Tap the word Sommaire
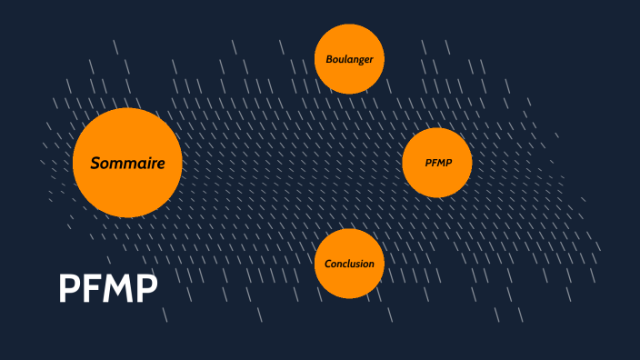tap(127, 164)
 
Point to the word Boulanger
tap(350, 59)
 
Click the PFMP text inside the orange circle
tap(437, 163)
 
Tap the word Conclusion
tap(350, 264)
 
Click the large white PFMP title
tap(108, 288)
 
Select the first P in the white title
tap(69, 288)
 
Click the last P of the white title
tap(145, 288)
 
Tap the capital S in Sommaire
tap(95, 164)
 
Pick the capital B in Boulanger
tap(329, 59)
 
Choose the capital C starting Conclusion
tap(328, 264)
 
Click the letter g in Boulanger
tap(361, 61)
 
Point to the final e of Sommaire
tap(160, 165)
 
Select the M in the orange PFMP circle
tap(440, 163)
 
